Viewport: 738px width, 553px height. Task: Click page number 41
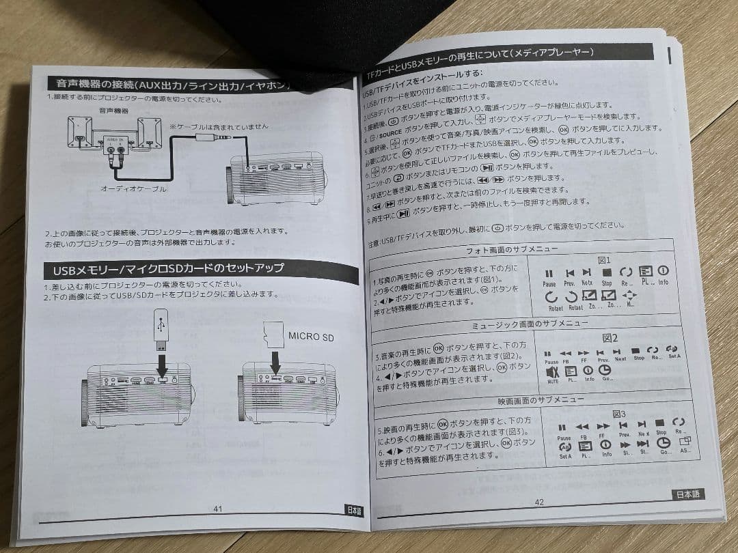point(218,509)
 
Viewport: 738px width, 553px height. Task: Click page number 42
point(538,502)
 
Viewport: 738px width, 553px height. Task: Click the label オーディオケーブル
point(133,188)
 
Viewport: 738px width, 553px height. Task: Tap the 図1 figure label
point(604,260)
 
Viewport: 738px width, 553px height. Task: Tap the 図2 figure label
point(610,338)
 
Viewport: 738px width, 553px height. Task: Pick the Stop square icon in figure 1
point(607,272)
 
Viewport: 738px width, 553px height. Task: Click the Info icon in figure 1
point(662,271)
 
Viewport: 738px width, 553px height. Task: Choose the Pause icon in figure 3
point(563,428)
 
